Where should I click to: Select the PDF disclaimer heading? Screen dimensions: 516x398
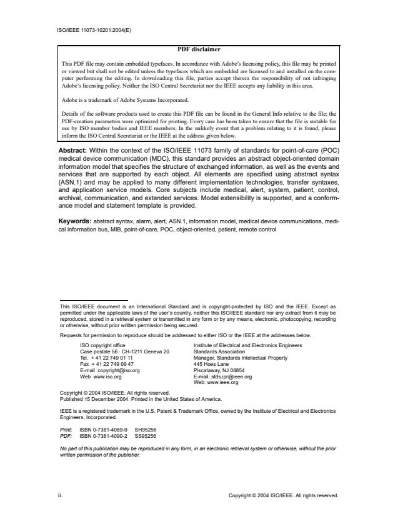(x=199, y=49)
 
